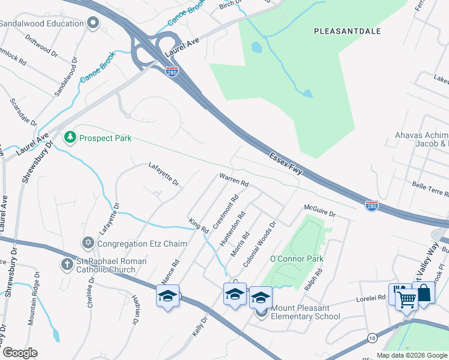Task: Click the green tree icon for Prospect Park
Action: point(71,138)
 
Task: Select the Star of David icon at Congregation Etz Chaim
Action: point(88,244)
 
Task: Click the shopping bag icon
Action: point(424,294)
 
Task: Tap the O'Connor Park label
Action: point(297,259)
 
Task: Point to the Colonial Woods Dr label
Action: point(259,244)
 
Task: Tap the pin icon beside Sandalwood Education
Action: point(92,23)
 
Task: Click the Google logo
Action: point(20,352)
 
